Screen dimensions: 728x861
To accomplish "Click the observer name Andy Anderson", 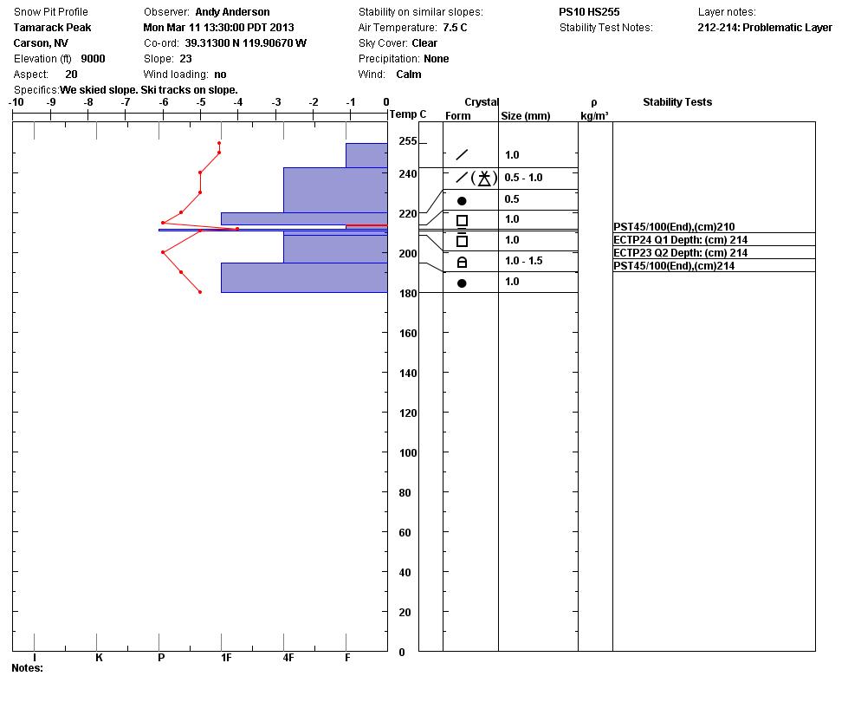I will pyautogui.click(x=232, y=12).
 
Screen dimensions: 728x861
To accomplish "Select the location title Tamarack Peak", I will pyautogui.click(x=52, y=27).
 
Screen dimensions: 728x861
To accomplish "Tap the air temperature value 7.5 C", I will pyautogui.click(x=455, y=28).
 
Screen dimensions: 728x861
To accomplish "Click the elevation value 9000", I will pyautogui.click(x=93, y=59).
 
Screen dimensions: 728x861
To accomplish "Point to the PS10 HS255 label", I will pyautogui.click(x=589, y=12).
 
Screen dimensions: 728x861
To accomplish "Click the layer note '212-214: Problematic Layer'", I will pyautogui.click(x=764, y=28).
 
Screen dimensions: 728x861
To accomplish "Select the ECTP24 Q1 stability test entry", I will pyautogui.click(x=680, y=240).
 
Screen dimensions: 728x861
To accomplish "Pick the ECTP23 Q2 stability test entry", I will pyautogui.click(x=680, y=253).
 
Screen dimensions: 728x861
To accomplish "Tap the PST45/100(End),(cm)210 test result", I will pyautogui.click(x=674, y=227).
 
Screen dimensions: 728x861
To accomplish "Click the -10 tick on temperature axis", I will pyautogui.click(x=16, y=102).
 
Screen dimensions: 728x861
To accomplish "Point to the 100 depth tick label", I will pyautogui.click(x=407, y=453).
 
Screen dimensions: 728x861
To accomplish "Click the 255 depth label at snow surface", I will pyautogui.click(x=407, y=141).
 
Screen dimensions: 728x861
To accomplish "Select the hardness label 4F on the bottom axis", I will pyautogui.click(x=288, y=658).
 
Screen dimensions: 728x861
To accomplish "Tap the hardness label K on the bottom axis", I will pyautogui.click(x=99, y=658).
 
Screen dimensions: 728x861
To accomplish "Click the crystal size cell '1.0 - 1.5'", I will pyautogui.click(x=523, y=261).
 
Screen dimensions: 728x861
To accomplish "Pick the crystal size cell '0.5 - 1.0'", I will pyautogui.click(x=523, y=178).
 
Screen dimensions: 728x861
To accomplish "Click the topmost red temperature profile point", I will pyautogui.click(x=219, y=143).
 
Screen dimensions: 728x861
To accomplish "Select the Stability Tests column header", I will pyautogui.click(x=676, y=102).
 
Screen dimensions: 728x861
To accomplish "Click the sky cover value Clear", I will pyautogui.click(x=424, y=43).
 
